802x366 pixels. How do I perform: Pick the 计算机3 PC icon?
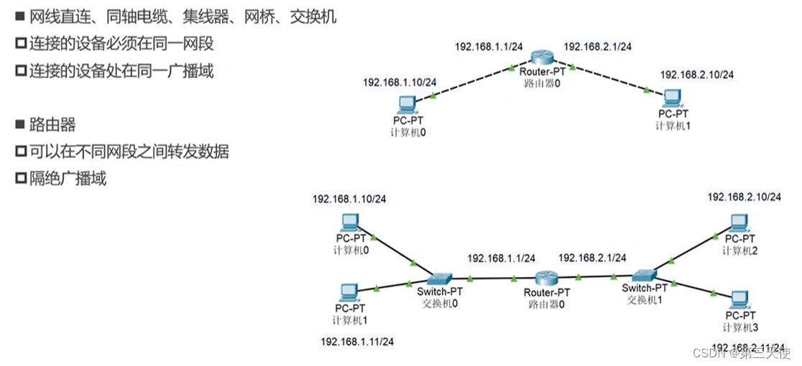click(738, 299)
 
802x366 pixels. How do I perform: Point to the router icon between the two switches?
click(546, 278)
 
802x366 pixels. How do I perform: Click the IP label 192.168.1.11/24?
click(357, 342)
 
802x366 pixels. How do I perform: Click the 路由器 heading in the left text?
click(52, 125)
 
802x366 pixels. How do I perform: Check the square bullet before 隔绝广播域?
click(20, 179)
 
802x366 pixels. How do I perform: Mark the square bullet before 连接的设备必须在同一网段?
click(20, 44)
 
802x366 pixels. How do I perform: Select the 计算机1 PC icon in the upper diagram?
click(673, 97)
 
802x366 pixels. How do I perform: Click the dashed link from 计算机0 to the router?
click(471, 83)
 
